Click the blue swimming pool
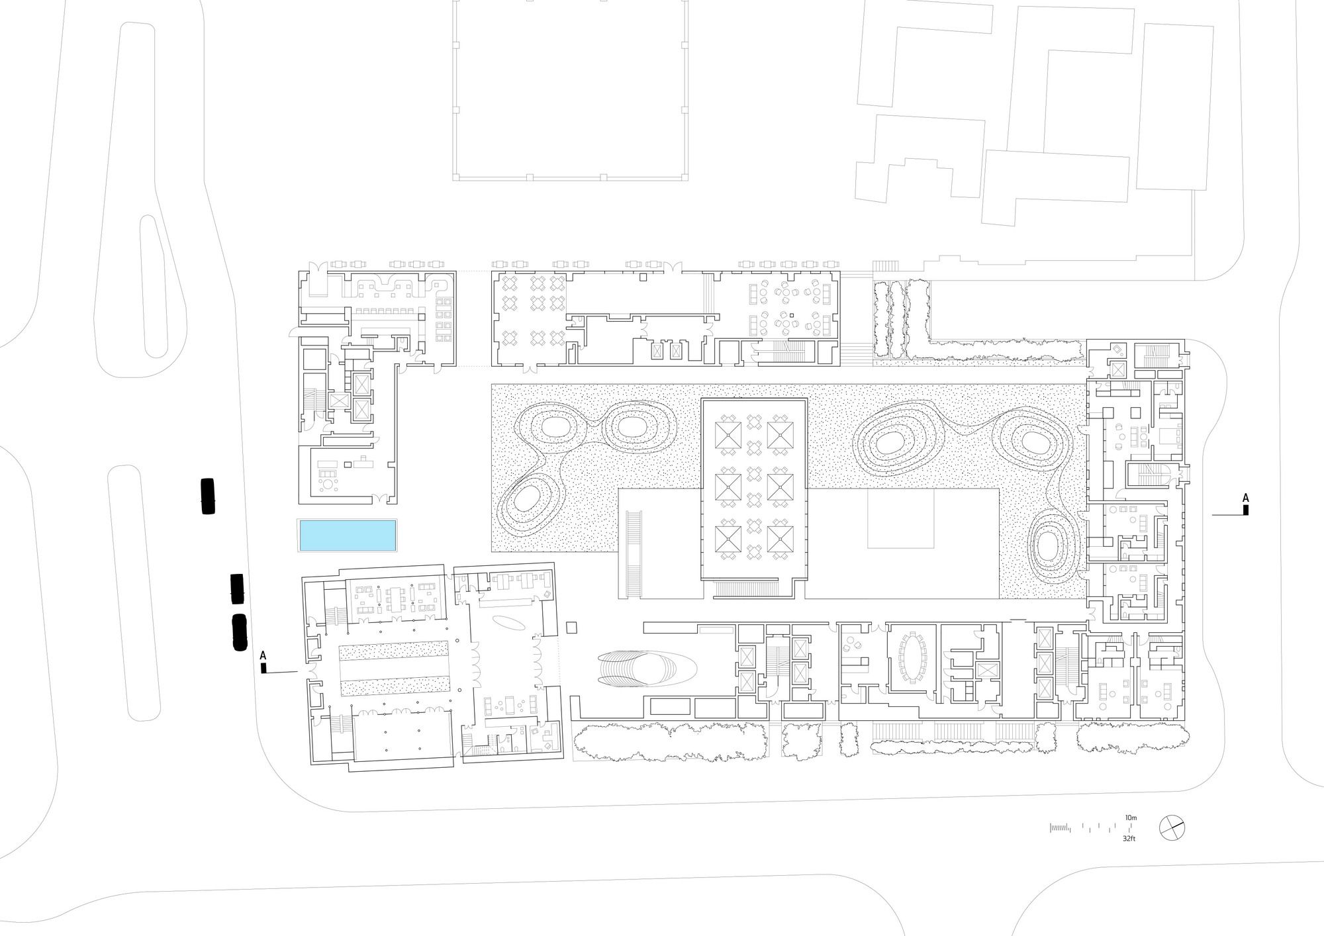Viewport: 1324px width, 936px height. (x=348, y=536)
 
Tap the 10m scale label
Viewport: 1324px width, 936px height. (x=1131, y=818)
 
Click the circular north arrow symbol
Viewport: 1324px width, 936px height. (x=1172, y=827)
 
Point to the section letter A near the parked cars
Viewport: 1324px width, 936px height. (x=263, y=655)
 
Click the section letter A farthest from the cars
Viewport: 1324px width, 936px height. (x=1245, y=497)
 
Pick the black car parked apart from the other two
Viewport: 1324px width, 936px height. (x=208, y=496)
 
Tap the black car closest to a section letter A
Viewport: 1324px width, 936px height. (x=239, y=632)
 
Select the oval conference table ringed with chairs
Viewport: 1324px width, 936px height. (x=914, y=658)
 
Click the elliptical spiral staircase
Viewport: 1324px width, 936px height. (x=646, y=668)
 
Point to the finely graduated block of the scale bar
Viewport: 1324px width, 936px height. (x=1060, y=827)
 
